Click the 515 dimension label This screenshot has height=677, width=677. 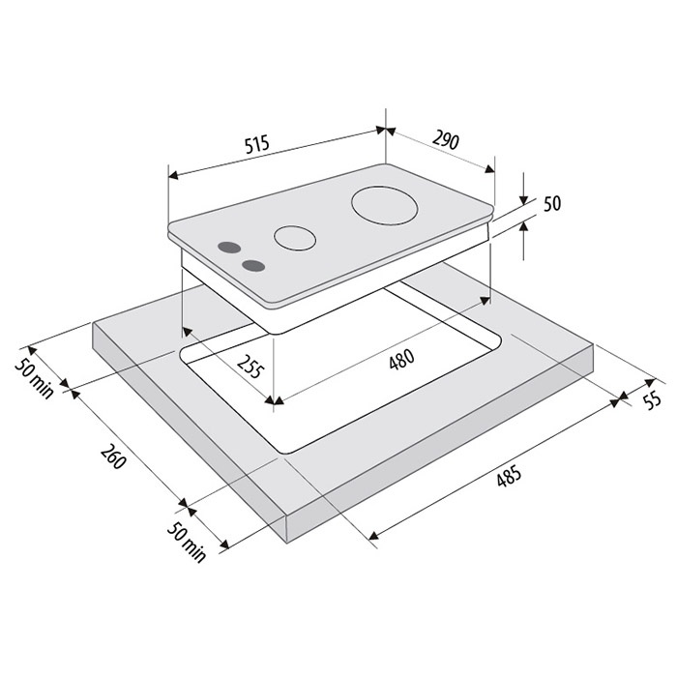257,144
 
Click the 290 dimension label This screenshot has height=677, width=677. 446,139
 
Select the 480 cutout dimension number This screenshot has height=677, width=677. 402,360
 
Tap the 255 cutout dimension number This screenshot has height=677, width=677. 250,367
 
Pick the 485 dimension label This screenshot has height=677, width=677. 509,476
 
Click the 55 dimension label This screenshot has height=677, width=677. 652,399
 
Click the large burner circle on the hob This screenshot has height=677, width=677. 385,205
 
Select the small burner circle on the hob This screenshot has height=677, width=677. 295,238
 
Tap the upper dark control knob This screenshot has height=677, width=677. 229,248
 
